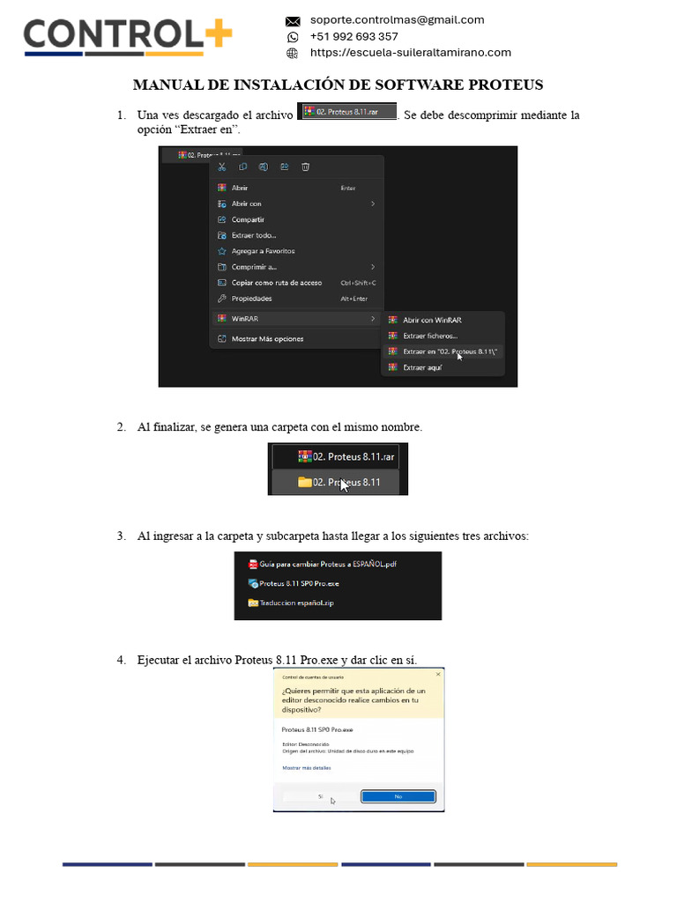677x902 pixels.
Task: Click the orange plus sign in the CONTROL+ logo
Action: tap(217, 35)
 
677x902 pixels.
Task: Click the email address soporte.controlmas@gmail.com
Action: tap(397, 19)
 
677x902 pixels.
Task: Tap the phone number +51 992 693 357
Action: tap(353, 36)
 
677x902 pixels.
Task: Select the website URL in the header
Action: tap(410, 52)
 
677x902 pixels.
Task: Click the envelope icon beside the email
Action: tap(293, 20)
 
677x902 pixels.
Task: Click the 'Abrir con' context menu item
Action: tap(247, 203)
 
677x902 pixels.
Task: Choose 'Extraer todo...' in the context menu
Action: tap(254, 235)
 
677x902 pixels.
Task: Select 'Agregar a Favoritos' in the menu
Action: tap(263, 251)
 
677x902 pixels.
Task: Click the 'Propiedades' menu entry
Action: tap(251, 299)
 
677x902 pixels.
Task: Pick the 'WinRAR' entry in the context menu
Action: tap(245, 318)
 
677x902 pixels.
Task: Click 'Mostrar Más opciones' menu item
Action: tap(267, 338)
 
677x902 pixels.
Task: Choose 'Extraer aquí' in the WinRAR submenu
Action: tap(422, 367)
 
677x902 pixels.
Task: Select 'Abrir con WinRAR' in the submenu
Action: tap(432, 320)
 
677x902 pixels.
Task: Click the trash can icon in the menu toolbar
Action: tap(305, 166)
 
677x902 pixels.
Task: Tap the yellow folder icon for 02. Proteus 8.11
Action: tap(305, 482)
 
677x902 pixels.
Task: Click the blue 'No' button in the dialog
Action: tap(398, 795)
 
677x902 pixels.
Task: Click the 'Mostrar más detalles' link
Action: tap(306, 768)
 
